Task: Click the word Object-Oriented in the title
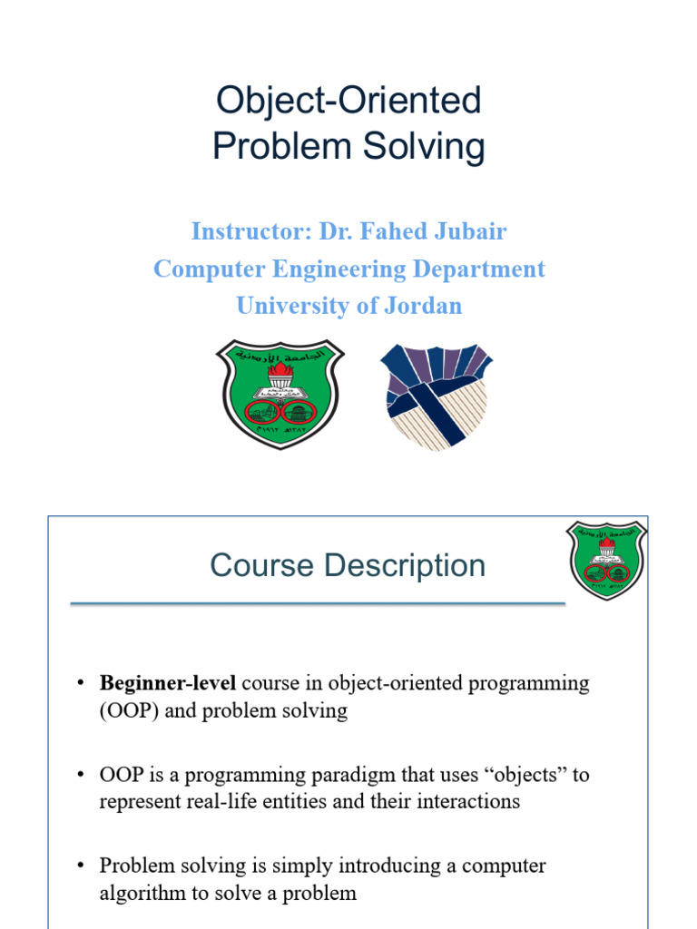pyautogui.click(x=348, y=101)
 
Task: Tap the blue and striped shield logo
pyautogui.click(x=436, y=396)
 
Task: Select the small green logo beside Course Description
pyautogui.click(x=605, y=560)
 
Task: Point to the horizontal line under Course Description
pyautogui.click(x=318, y=603)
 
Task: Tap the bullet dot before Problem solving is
pyautogui.click(x=81, y=866)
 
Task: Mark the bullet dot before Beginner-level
pyautogui.click(x=81, y=683)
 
